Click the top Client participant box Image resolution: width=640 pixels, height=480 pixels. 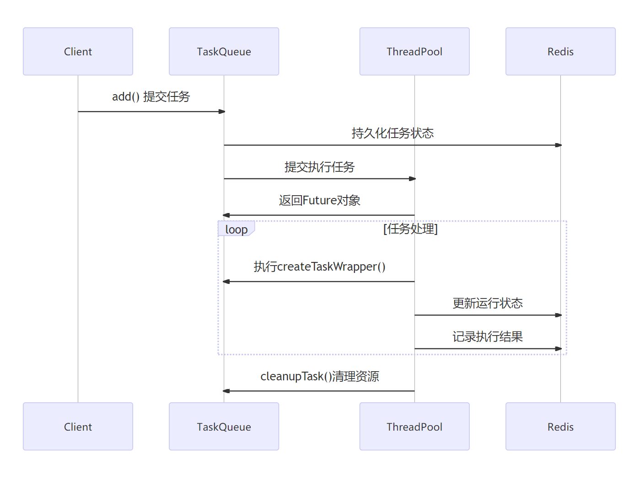point(78,51)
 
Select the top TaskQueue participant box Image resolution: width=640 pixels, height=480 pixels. point(224,51)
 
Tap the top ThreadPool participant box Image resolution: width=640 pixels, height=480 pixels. point(414,51)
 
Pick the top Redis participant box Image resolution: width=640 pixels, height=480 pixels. point(560,51)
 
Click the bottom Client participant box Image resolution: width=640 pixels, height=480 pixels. point(78,427)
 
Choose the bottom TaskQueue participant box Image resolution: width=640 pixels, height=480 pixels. point(224,427)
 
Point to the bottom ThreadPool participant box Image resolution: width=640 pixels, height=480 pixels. point(414,427)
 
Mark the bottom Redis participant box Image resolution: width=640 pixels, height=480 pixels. point(560,427)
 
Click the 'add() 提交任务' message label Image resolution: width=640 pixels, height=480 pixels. point(151,97)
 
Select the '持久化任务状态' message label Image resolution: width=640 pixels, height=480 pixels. point(393,133)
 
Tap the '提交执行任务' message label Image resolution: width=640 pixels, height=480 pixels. point(319,167)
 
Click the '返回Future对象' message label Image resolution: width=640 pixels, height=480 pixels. point(319,201)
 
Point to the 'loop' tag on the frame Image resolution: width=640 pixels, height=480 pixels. point(236,229)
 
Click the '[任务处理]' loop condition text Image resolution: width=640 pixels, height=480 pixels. point(410,229)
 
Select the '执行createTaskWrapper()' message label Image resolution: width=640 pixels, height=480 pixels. point(319,267)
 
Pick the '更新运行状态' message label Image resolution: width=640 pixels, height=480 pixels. point(487,303)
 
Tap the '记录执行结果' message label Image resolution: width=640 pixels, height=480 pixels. point(487,337)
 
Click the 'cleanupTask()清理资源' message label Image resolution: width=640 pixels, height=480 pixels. point(319,376)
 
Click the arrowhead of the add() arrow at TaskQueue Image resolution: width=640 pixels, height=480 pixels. point(222,112)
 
